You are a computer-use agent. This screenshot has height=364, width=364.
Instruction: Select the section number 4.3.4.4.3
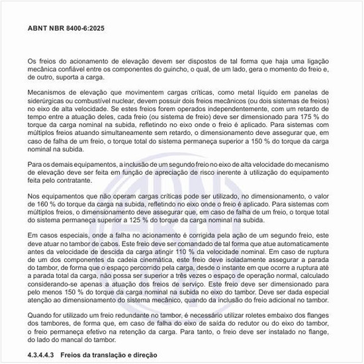(x=44, y=355)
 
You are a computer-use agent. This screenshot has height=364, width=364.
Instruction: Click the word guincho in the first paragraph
(x=187, y=69)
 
